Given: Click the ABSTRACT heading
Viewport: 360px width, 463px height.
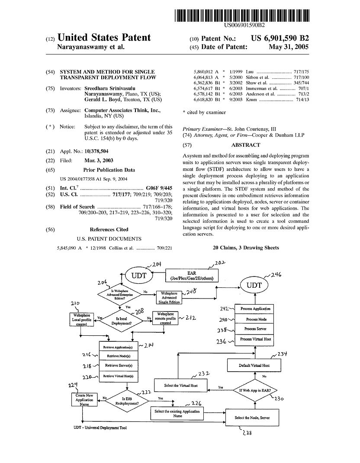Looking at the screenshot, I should [246, 145].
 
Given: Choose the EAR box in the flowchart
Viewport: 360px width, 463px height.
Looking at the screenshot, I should [193, 275].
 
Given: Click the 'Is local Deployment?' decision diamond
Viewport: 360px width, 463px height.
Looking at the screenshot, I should [124, 320].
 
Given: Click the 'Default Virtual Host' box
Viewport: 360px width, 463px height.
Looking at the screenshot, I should [254, 366].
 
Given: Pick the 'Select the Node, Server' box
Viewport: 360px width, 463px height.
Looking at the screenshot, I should [252, 418].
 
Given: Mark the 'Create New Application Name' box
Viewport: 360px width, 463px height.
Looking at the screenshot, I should [84, 400].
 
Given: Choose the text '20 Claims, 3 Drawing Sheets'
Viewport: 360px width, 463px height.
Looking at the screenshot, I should [246, 248].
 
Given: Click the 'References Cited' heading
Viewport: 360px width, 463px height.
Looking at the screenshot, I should [109, 230].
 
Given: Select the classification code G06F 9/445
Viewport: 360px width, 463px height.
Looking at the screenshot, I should [160, 189].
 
